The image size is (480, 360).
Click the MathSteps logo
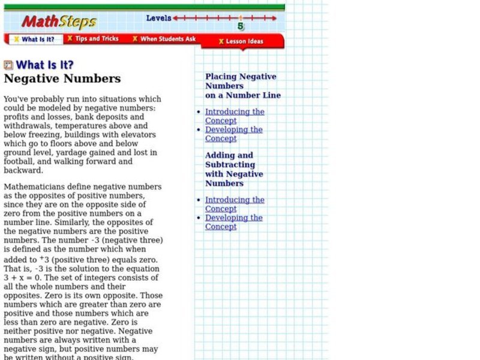(59, 22)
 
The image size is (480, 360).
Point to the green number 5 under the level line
(241, 26)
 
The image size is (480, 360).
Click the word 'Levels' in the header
(159, 18)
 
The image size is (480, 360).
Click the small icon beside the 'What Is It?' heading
(8, 65)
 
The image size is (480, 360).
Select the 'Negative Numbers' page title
(62, 79)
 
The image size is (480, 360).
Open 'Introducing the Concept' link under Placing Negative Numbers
(235, 116)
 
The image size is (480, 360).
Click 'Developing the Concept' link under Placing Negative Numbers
(234, 134)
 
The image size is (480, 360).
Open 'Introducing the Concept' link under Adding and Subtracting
(235, 205)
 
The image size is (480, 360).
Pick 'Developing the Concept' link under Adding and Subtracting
(234, 222)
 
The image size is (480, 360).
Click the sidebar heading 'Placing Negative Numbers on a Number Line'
(242, 86)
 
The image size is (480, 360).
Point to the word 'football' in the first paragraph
(20, 161)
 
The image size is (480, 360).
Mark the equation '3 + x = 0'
(23, 269)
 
